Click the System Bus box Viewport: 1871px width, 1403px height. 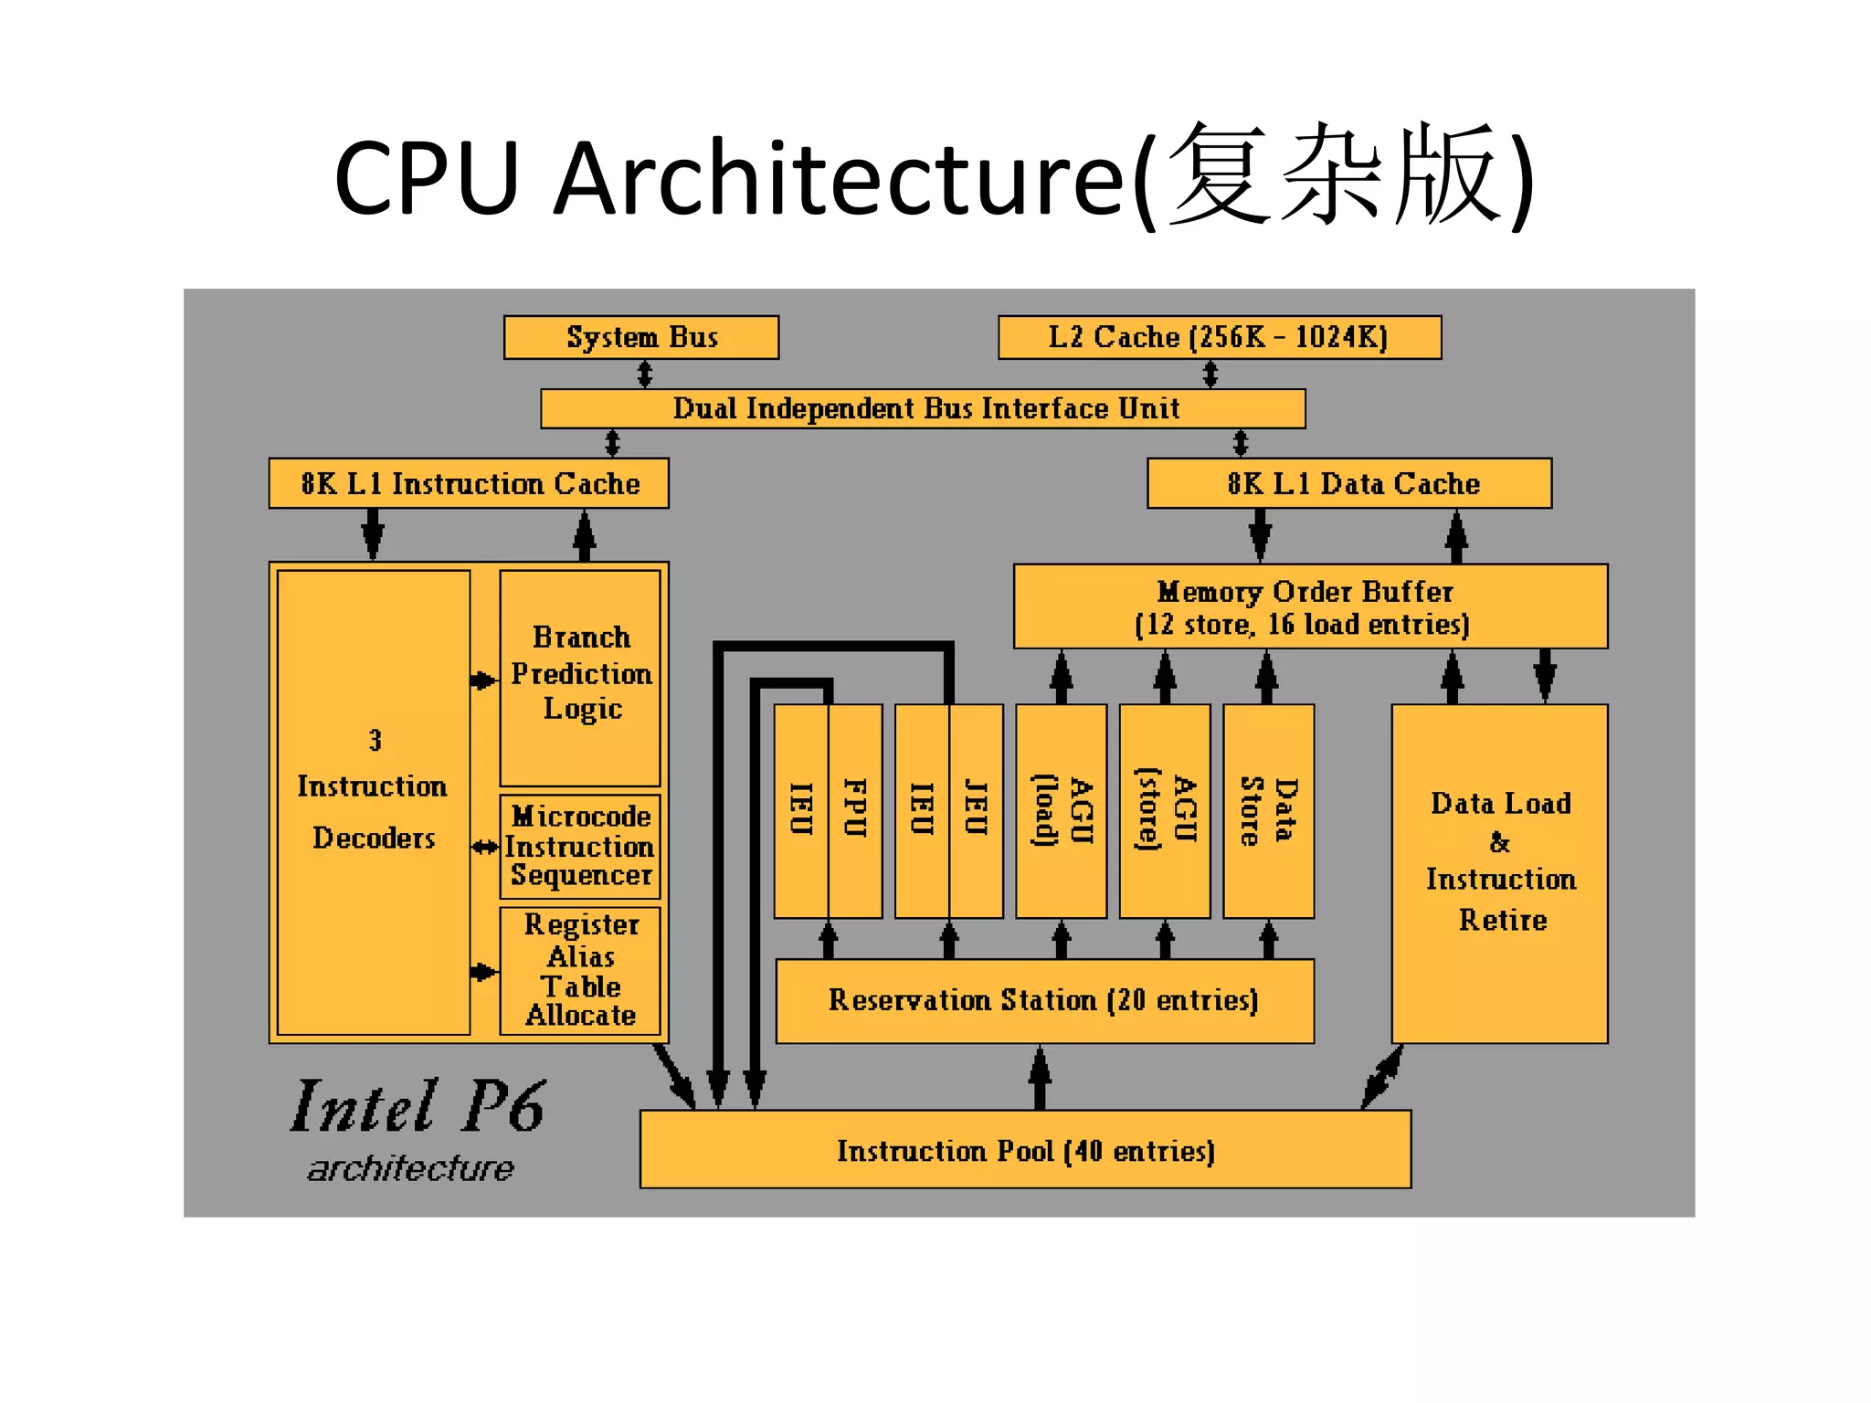tap(641, 337)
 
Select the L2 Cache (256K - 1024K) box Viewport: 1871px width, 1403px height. tap(1219, 337)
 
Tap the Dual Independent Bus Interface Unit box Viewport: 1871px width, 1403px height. tap(923, 408)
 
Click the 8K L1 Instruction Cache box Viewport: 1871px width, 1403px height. tap(469, 483)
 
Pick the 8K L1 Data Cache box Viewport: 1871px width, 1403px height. tap(1349, 483)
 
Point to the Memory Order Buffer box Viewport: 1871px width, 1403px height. tap(1309, 607)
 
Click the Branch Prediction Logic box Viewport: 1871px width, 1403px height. tap(580, 676)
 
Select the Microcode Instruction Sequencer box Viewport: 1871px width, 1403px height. tap(580, 846)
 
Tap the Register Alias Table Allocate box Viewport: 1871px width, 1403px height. tap(580, 970)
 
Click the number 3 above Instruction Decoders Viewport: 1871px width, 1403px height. tap(375, 740)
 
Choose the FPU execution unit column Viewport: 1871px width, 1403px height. tap(855, 810)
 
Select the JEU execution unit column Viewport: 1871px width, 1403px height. tap(976, 810)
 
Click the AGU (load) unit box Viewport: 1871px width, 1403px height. tap(1061, 810)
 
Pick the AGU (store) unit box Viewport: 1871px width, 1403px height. tap(1165, 810)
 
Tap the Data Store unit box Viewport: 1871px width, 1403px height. tap(1268, 810)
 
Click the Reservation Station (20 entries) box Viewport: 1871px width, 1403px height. tap(1044, 1001)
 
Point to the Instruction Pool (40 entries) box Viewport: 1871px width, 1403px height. tap(1025, 1150)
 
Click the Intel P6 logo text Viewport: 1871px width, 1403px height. tap(418, 1108)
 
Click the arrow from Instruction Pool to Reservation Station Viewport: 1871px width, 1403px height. tap(1040, 1078)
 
